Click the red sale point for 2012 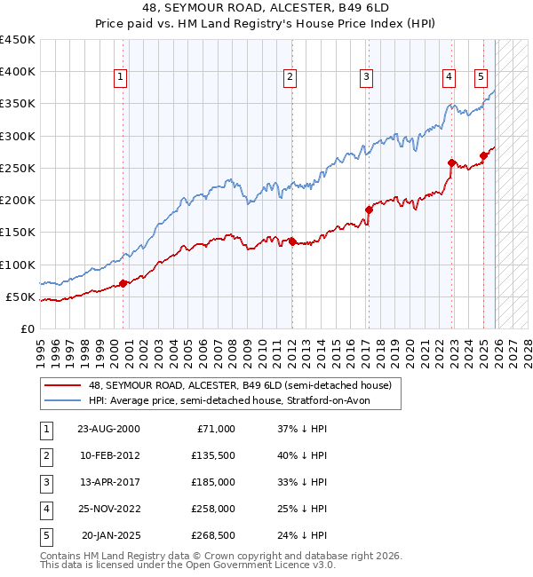point(291,241)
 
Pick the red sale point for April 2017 point(368,209)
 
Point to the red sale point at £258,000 point(451,162)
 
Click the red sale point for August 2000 point(123,282)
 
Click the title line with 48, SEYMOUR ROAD point(266,11)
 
